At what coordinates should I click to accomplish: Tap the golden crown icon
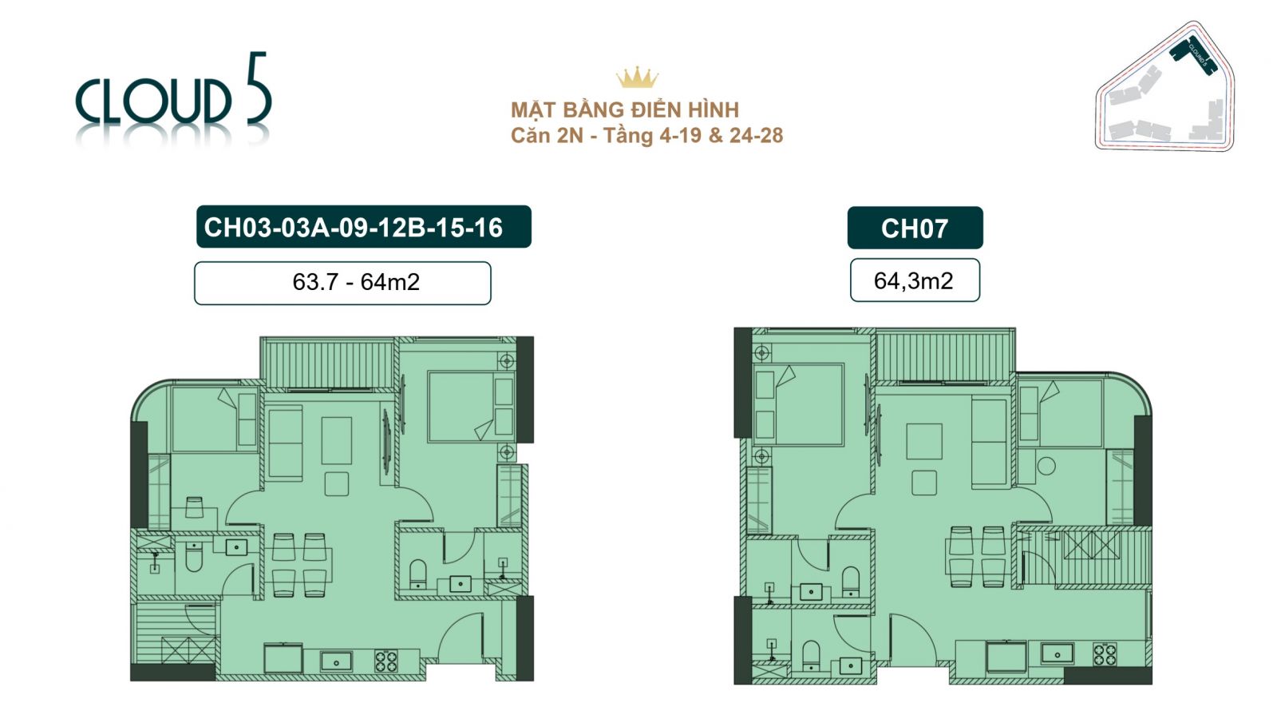637,77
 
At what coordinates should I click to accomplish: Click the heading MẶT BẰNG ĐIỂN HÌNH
625,109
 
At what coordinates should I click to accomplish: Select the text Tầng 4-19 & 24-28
693,135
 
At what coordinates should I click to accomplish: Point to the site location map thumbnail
1165,88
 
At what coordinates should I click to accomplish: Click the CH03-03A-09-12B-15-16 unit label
363,227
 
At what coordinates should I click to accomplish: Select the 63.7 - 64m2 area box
342,283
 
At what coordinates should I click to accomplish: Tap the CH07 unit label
915,228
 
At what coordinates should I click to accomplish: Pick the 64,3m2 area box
915,280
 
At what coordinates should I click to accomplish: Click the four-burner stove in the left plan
386,661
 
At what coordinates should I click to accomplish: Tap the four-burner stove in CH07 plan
1105,655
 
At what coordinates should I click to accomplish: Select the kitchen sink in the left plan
336,661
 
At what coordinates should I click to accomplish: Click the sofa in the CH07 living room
989,442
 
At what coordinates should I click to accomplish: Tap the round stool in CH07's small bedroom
1046,466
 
